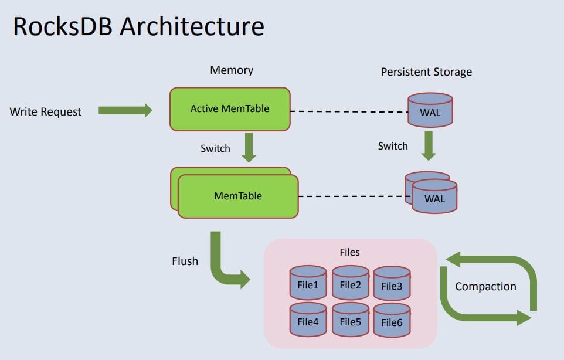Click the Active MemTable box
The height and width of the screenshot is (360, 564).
(230, 109)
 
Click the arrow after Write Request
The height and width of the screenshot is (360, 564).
(125, 110)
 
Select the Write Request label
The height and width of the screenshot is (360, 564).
(46, 111)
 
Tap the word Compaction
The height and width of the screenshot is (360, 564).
(485, 286)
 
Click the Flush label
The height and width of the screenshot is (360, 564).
(185, 261)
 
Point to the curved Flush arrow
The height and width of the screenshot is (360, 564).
(222, 264)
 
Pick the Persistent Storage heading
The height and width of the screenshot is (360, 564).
(426, 72)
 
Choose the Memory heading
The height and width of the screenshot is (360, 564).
(232, 70)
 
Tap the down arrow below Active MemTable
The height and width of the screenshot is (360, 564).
(250, 148)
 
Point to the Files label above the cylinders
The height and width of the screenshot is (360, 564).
(349, 252)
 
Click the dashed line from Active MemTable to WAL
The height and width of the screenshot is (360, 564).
(349, 111)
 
